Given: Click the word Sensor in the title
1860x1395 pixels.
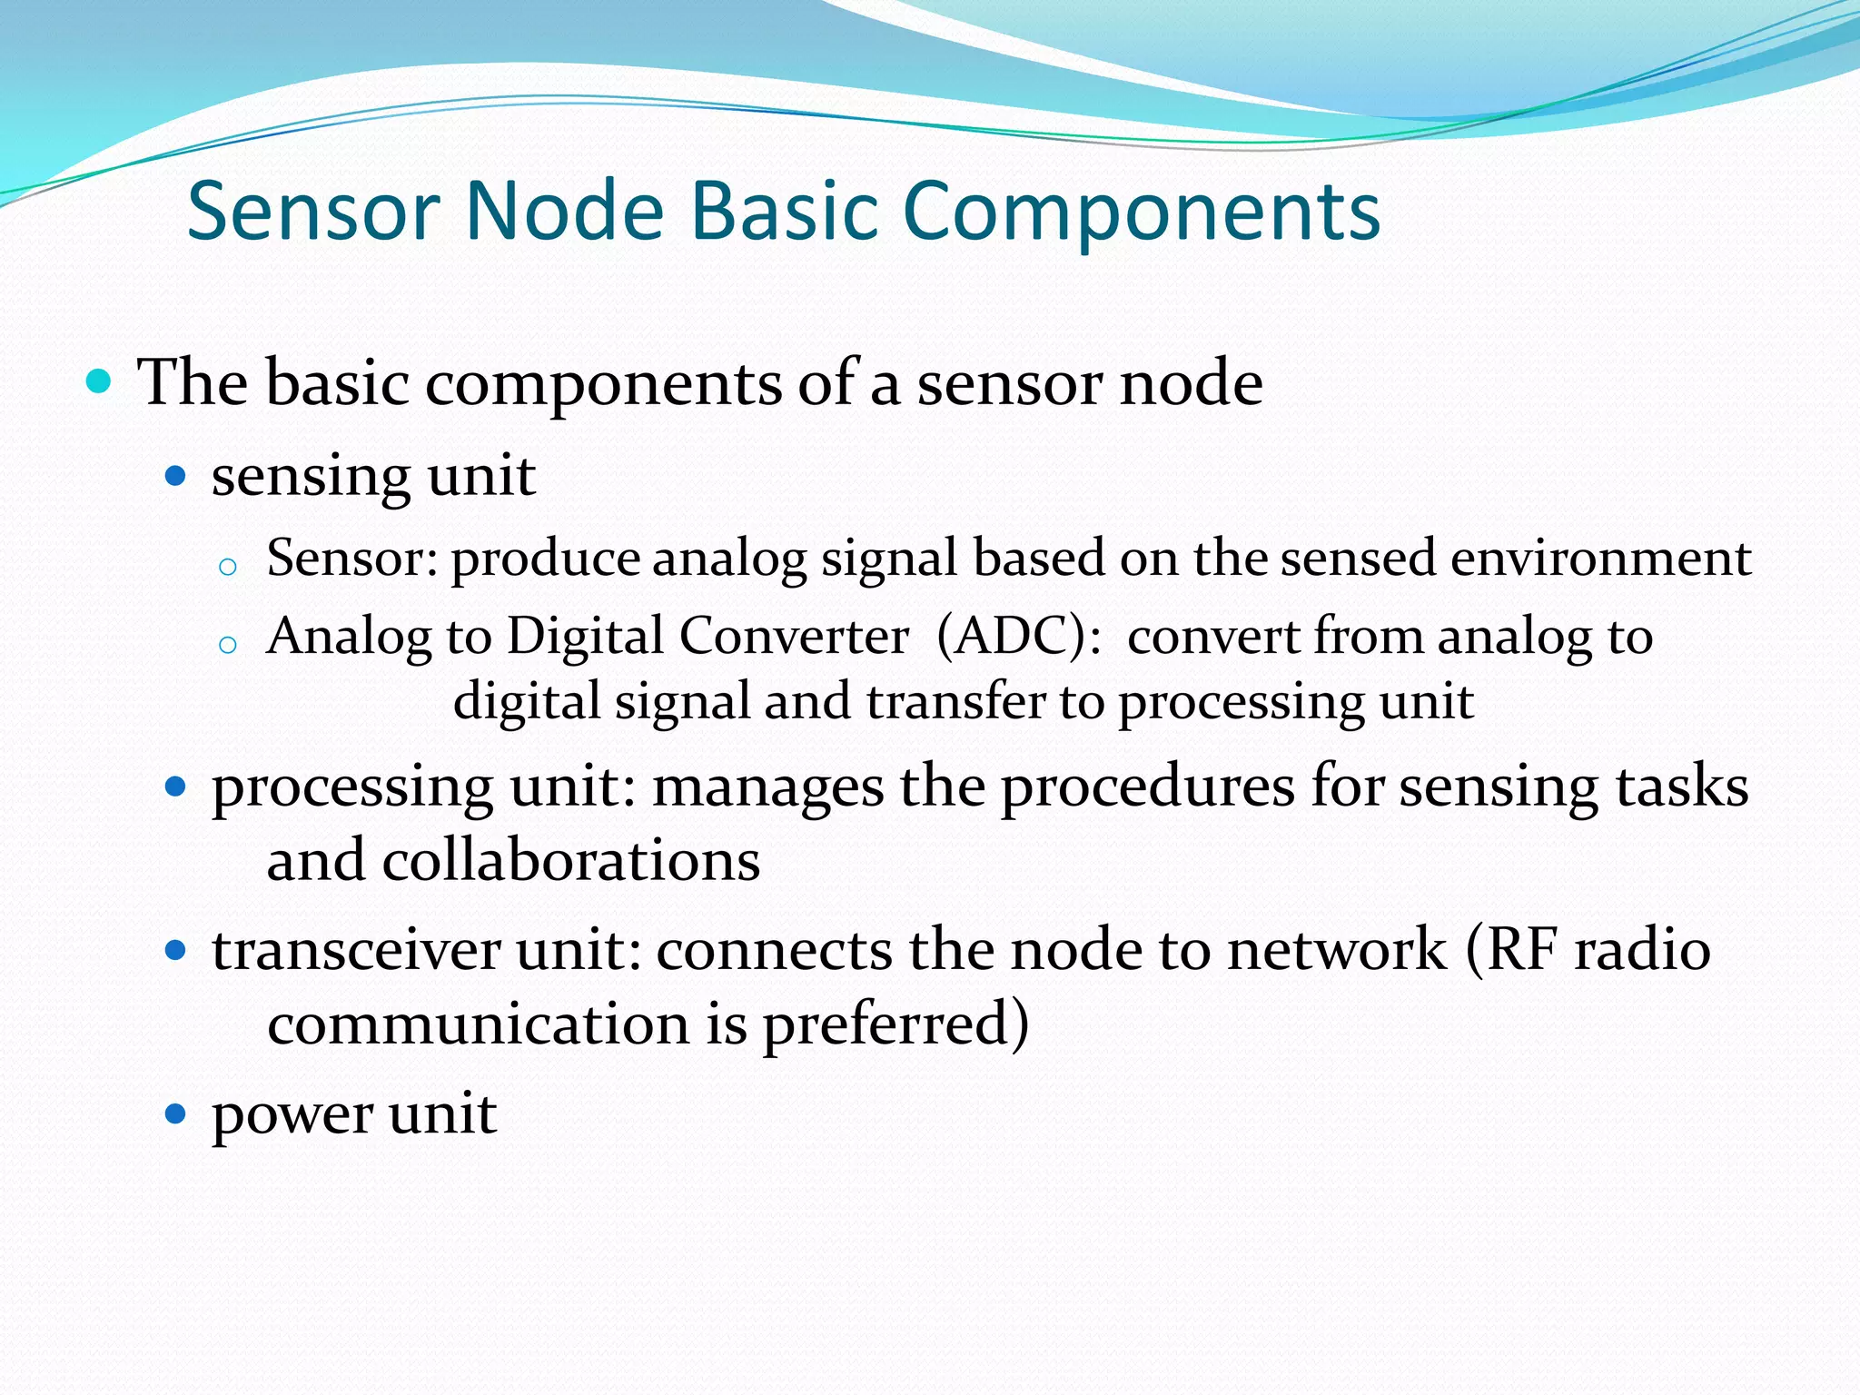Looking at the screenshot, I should [313, 211].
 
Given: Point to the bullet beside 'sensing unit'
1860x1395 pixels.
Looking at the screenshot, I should [175, 475].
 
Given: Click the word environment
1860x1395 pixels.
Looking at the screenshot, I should [1600, 557].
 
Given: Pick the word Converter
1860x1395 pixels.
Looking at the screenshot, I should [794, 635].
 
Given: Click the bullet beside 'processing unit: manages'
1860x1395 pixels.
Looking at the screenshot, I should [175, 786].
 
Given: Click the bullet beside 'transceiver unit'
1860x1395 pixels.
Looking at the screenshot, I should [175, 951].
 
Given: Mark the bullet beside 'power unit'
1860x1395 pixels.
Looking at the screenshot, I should [175, 1113].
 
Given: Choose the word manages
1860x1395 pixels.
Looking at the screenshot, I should [767, 787].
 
